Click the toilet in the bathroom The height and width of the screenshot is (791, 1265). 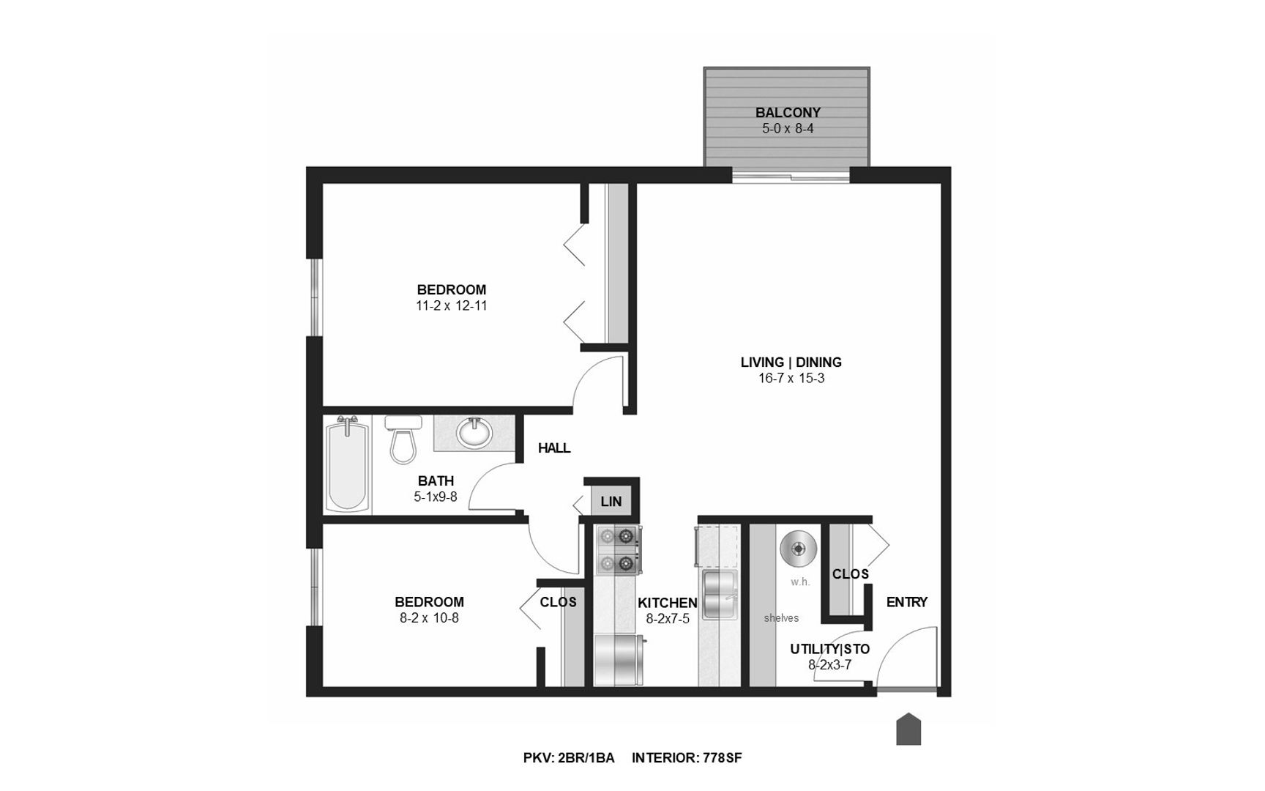(x=402, y=441)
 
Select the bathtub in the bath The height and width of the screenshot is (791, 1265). (x=347, y=464)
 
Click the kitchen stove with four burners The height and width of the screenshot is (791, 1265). (x=616, y=550)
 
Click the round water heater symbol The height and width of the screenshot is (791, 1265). (x=797, y=549)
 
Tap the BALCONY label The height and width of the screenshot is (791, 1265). (x=788, y=113)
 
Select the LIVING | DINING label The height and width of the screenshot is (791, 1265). (x=791, y=362)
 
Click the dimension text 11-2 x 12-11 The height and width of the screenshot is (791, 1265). (x=451, y=305)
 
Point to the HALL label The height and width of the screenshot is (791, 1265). (x=554, y=448)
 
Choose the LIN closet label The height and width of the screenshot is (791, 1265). (x=611, y=502)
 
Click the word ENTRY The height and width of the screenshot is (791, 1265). (x=906, y=602)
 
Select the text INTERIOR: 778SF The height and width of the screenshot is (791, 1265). (x=687, y=758)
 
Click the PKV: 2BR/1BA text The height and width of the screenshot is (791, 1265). (x=568, y=758)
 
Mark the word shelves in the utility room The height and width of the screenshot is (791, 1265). (x=781, y=618)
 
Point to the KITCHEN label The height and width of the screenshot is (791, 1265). (x=667, y=603)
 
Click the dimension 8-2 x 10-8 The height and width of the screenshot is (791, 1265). (x=429, y=617)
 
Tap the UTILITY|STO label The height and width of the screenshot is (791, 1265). (x=829, y=649)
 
